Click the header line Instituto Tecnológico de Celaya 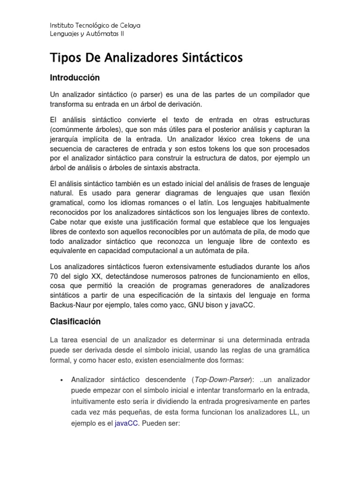coord(95,25)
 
